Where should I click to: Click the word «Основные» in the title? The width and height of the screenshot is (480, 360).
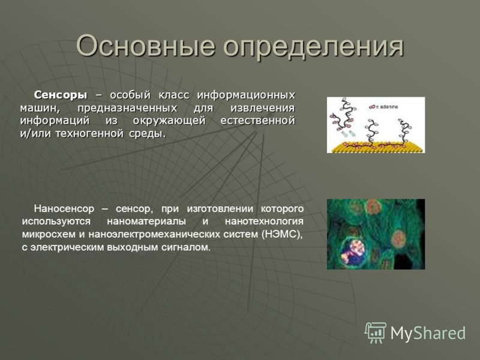(x=145, y=46)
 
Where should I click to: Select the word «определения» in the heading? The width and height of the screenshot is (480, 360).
(x=313, y=47)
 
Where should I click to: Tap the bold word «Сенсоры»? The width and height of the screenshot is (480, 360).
(x=61, y=95)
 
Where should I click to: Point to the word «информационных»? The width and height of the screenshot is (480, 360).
(x=246, y=95)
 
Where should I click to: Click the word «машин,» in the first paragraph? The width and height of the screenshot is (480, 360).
(x=40, y=108)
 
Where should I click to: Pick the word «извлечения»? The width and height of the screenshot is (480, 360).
(x=263, y=108)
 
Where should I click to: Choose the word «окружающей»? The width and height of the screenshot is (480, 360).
(x=169, y=121)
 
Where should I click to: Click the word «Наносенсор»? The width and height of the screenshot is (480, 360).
(x=64, y=209)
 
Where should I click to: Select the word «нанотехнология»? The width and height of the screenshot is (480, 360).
(x=264, y=221)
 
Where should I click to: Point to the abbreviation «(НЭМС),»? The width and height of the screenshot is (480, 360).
(x=282, y=235)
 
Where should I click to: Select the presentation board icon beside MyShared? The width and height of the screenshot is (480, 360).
(x=375, y=332)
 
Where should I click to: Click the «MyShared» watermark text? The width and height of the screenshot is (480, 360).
(x=428, y=333)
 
